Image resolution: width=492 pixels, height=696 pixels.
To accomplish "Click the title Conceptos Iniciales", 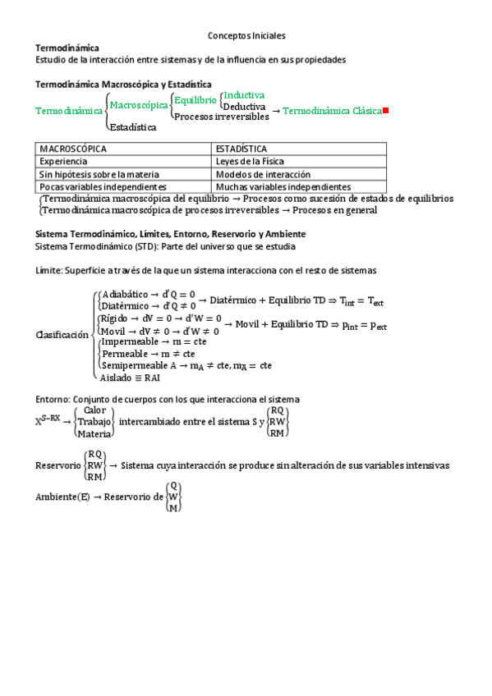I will point(246,36).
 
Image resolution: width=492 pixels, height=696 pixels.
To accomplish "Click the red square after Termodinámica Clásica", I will point(386,111).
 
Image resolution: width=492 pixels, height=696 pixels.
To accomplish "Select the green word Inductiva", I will point(245,95).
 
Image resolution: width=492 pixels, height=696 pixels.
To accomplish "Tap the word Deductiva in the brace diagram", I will point(244,106).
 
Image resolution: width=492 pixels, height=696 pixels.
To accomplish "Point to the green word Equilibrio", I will point(195,100).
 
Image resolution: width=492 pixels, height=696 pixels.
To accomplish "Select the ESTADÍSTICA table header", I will point(241,149).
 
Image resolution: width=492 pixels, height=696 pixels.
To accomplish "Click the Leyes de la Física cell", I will point(250,162).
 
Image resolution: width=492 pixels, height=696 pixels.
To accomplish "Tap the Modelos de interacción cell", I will point(263,174).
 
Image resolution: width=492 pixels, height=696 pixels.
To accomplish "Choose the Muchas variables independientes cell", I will point(283,186).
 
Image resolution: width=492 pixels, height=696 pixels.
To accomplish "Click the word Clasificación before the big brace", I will point(62,335).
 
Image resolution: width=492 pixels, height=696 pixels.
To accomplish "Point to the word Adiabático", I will point(123,294).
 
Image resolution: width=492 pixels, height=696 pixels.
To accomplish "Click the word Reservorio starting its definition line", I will point(58,465).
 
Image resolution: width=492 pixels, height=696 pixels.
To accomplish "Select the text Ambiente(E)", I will point(62,497).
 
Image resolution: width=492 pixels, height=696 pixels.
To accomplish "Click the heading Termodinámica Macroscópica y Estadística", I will point(123,84).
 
